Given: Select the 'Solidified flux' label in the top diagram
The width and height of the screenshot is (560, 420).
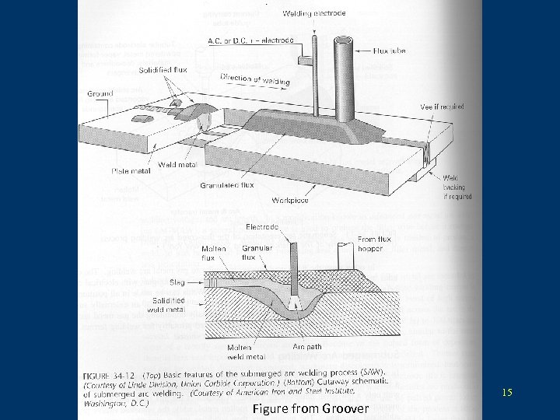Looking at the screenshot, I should [162, 71].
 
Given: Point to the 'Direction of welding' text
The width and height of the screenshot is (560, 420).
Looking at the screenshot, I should [255, 79].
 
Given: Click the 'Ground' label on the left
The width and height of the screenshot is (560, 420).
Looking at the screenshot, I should [100, 93].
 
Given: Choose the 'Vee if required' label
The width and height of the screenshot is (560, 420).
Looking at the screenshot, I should [441, 107].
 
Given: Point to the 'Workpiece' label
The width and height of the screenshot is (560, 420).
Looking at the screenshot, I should [289, 200].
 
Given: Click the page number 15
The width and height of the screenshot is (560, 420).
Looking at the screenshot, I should [507, 393].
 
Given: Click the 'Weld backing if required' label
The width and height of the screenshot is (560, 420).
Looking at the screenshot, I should [455, 187].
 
